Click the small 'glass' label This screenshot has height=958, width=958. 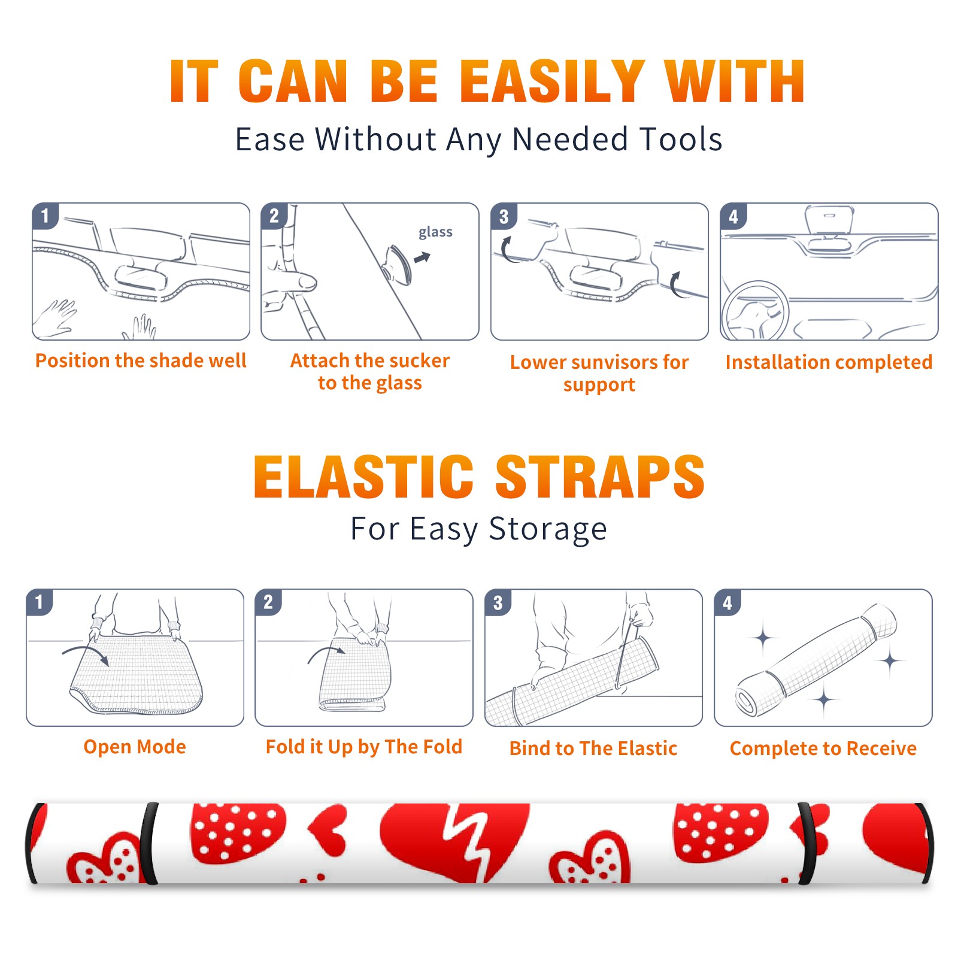pos(435,232)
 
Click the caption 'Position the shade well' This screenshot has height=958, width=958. pos(141,360)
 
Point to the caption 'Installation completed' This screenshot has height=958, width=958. pos(829,362)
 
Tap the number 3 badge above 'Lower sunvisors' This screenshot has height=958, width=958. pos(504,217)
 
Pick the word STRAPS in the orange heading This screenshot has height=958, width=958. pos(600,477)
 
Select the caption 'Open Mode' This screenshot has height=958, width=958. pos(135,747)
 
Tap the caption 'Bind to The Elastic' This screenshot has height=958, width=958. pos(593,748)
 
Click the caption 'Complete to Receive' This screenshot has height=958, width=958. pos(823,748)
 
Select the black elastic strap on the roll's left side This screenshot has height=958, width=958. pos(149,843)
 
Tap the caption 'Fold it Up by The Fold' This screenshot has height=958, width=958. pos(364,747)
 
